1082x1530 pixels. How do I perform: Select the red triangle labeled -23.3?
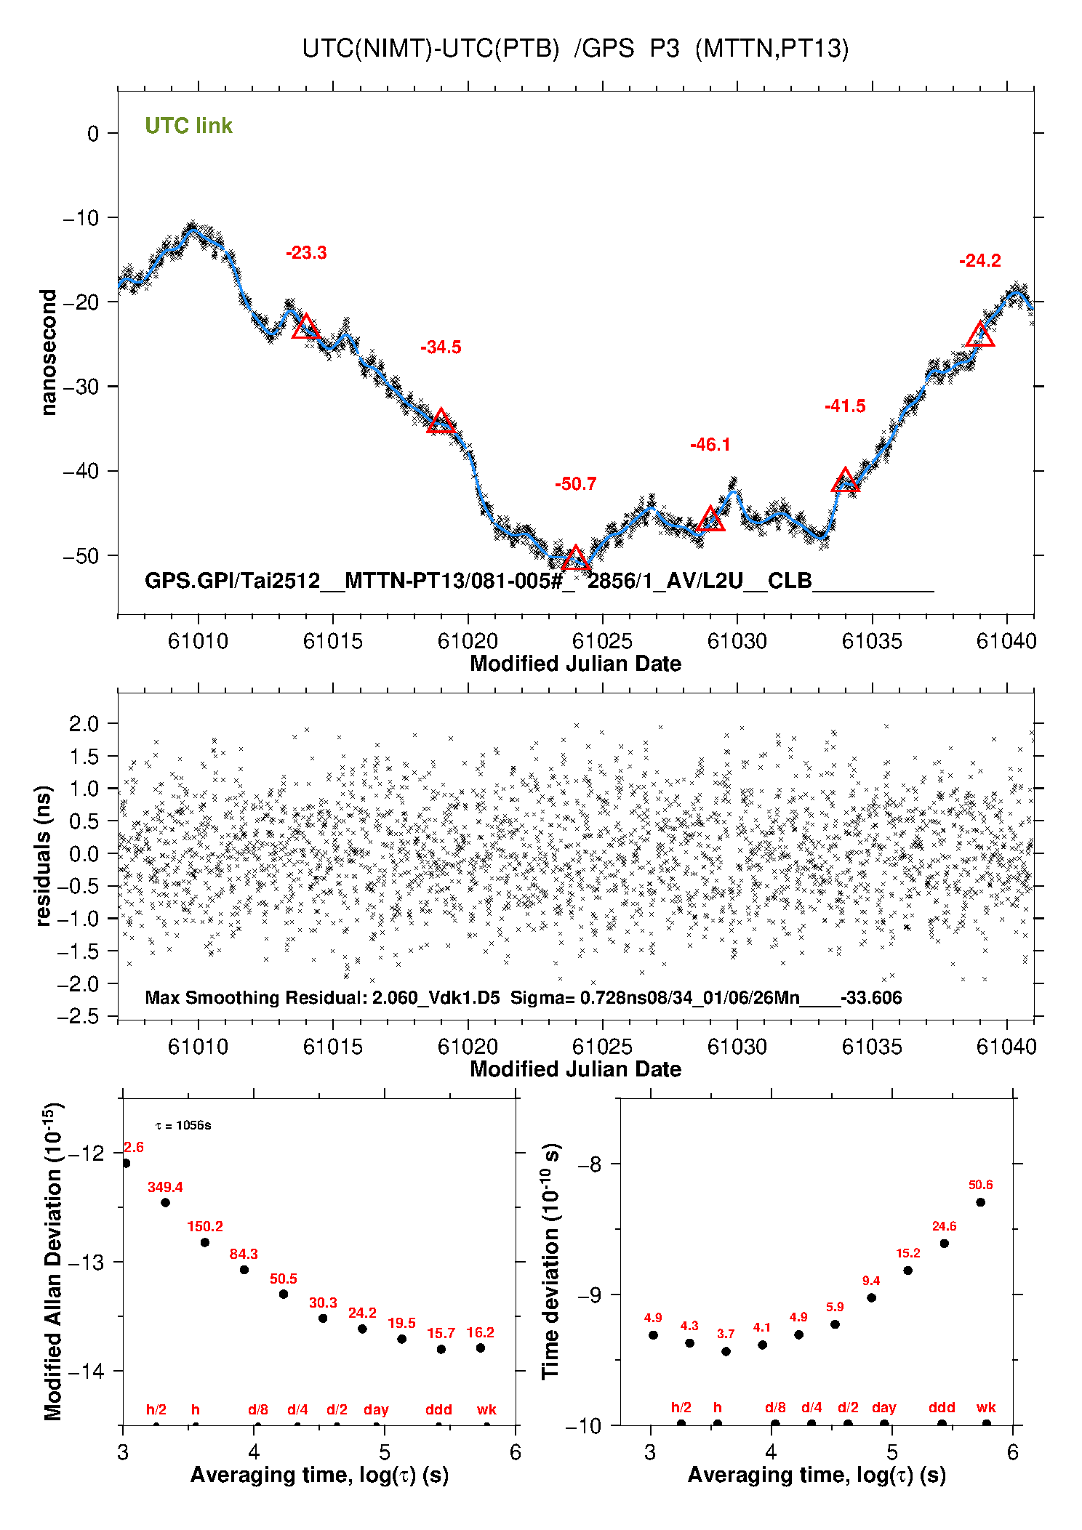coord(306,328)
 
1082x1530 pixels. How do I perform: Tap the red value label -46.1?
coord(710,445)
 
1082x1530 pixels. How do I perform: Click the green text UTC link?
coord(188,126)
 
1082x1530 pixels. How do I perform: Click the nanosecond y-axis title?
coord(49,353)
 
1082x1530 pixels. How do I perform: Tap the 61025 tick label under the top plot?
coord(602,641)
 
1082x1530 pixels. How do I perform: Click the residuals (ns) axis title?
coord(44,856)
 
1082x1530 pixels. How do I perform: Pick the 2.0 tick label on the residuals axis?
coord(83,724)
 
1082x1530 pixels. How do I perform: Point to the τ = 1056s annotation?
coord(183,1126)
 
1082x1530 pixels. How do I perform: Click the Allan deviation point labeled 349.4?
coord(165,1203)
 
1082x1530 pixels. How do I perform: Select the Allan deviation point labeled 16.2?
coord(481,1348)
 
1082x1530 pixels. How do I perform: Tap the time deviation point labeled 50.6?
coord(980,1202)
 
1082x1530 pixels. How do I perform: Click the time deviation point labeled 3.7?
coord(726,1351)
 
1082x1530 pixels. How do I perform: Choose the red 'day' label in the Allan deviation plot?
coord(376,1410)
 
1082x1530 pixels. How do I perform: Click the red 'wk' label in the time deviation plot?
coord(986,1408)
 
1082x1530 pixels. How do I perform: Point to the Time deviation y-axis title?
coord(551,1262)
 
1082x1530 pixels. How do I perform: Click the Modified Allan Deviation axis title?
coord(52,1262)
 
